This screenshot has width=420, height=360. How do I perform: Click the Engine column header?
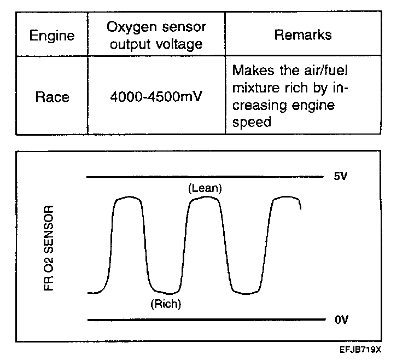tap(51, 36)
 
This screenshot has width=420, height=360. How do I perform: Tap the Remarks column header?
tap(302, 35)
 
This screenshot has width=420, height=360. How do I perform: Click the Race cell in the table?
tap(52, 97)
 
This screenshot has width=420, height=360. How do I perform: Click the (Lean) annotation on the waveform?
tap(204, 188)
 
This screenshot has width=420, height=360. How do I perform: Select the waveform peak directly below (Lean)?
tap(204, 198)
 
